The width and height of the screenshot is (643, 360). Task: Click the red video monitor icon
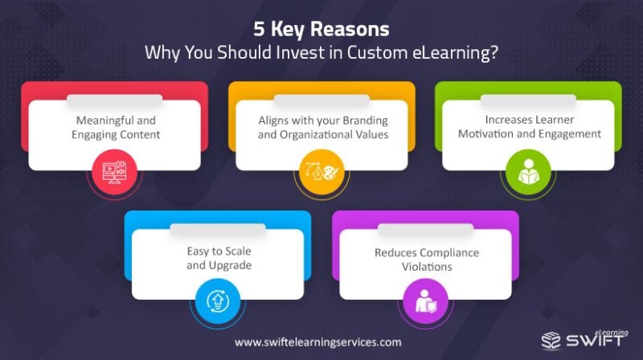tap(114, 172)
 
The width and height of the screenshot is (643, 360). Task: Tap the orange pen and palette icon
tap(322, 172)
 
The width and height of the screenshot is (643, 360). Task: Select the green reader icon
tap(528, 172)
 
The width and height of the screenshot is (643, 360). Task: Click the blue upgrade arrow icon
tap(218, 301)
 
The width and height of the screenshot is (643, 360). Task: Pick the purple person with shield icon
tap(426, 301)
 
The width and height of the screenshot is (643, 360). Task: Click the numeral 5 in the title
tap(259, 30)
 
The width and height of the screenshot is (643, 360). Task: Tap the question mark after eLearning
tap(494, 53)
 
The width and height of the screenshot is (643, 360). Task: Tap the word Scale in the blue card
tap(238, 251)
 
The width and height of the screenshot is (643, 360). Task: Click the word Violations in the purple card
tap(427, 267)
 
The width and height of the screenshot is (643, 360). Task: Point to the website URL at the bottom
tap(317, 342)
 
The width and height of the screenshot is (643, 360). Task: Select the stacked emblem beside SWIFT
tap(551, 341)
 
